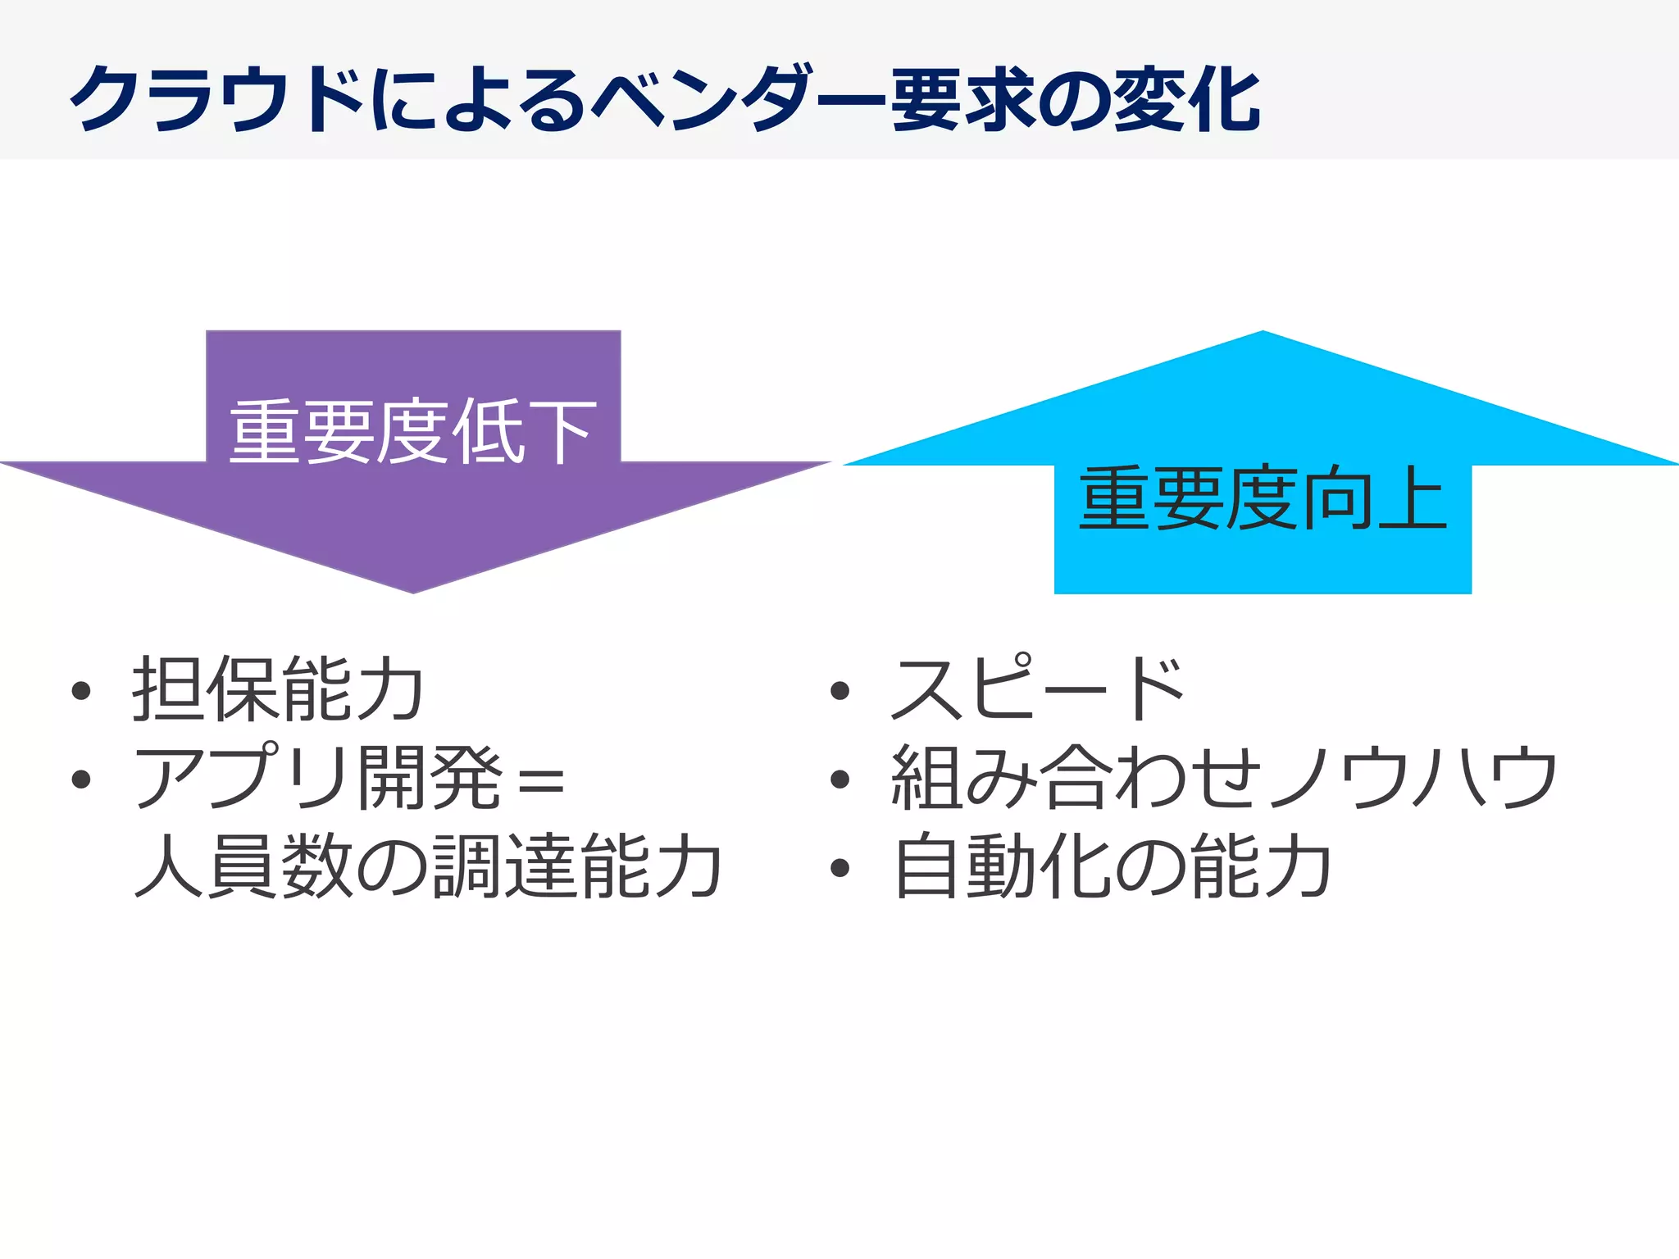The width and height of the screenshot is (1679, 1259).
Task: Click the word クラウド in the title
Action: click(x=217, y=100)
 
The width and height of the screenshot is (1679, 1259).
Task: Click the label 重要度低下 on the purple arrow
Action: click(x=412, y=432)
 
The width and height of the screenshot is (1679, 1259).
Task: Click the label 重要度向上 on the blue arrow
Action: click(x=1263, y=498)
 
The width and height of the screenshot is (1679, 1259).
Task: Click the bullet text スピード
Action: click(x=1038, y=689)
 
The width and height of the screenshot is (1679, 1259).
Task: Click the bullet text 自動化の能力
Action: click(x=1112, y=866)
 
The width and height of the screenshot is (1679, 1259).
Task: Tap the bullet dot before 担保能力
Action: click(x=80, y=691)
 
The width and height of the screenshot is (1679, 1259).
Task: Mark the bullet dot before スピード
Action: click(x=839, y=691)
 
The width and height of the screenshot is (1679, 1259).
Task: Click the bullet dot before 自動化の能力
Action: click(x=839, y=868)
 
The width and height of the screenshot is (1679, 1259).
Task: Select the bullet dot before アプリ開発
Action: click(x=80, y=779)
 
